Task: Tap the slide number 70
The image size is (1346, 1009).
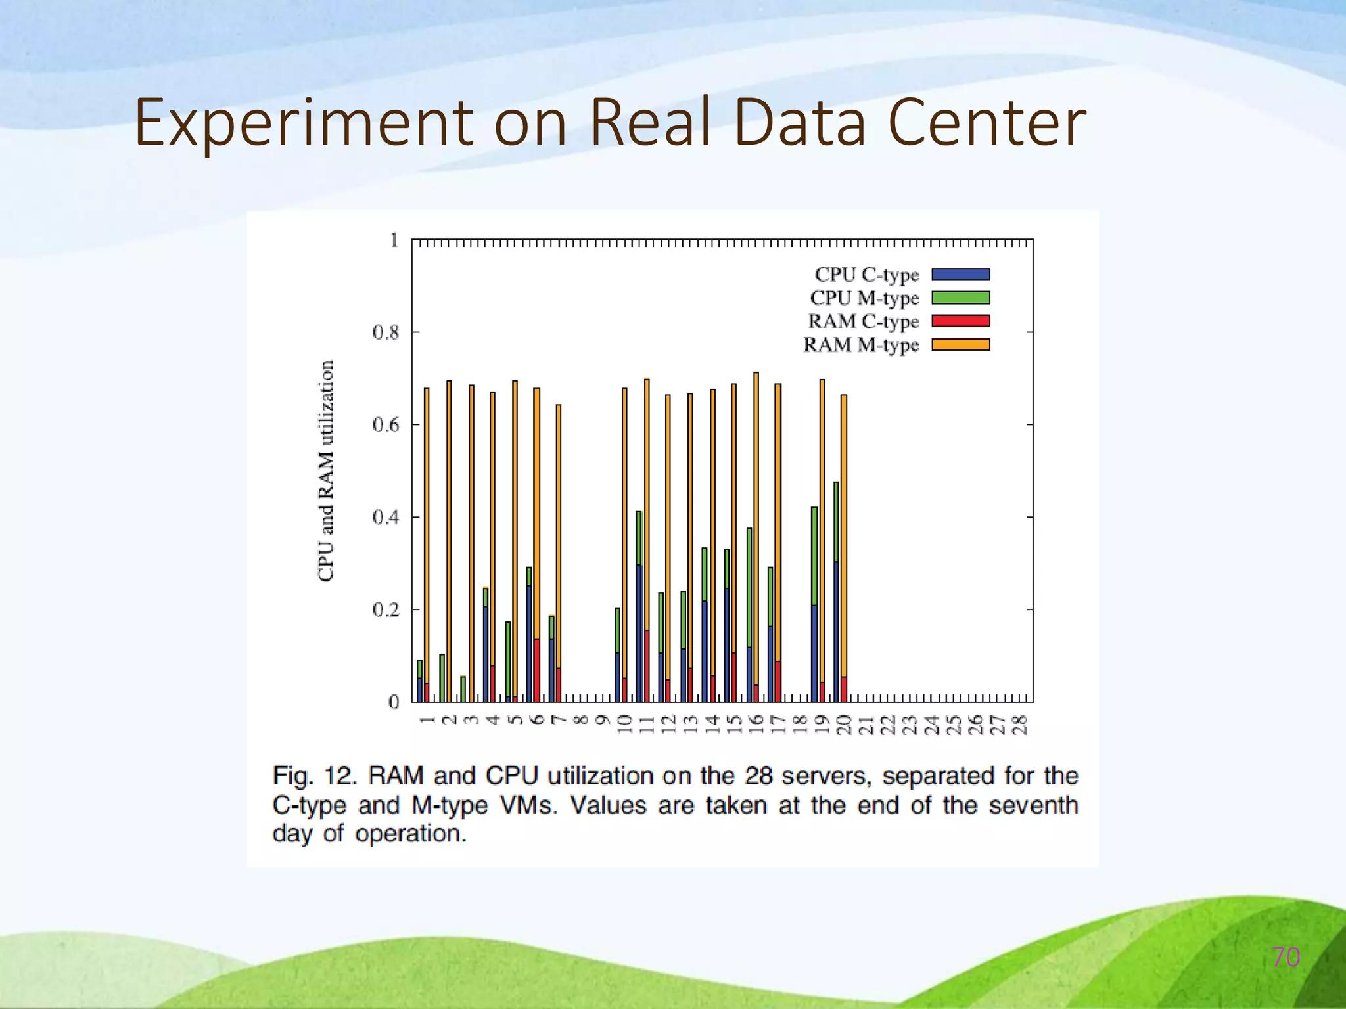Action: [1286, 957]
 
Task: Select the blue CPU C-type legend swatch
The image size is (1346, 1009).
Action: [960, 275]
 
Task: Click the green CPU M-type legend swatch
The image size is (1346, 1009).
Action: [960, 298]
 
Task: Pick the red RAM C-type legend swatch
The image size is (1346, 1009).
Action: [960, 321]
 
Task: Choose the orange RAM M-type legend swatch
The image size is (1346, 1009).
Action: [960, 344]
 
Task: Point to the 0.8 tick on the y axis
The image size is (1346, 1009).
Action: [386, 333]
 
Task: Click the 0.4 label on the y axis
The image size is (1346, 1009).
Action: [386, 518]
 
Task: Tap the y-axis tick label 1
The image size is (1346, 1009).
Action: [394, 240]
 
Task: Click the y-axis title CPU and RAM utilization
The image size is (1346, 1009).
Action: [326, 470]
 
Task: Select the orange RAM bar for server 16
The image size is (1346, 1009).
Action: [756, 526]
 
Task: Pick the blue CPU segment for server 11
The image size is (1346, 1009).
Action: [639, 631]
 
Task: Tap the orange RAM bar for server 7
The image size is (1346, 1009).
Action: [559, 526]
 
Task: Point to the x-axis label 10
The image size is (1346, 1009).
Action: [624, 725]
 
